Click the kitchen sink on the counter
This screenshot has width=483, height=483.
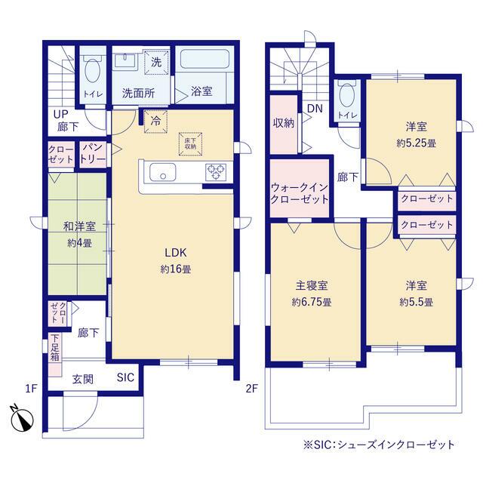(x=162, y=173)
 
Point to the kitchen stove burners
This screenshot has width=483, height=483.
(x=216, y=172)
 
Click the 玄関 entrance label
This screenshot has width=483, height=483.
(x=82, y=379)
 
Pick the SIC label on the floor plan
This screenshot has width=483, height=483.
(x=125, y=377)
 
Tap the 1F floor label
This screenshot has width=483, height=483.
(x=30, y=389)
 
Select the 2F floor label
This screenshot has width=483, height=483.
(x=252, y=389)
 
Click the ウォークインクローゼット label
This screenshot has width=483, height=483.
(x=300, y=193)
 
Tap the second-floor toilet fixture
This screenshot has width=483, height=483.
(x=347, y=96)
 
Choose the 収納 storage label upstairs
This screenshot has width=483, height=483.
(x=284, y=123)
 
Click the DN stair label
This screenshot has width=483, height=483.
(x=315, y=108)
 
